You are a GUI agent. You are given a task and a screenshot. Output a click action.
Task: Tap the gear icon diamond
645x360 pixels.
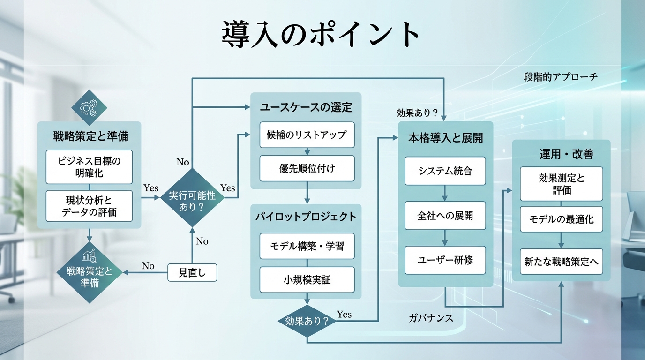point(89,107)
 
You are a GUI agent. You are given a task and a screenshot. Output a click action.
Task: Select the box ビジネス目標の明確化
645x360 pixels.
point(89,167)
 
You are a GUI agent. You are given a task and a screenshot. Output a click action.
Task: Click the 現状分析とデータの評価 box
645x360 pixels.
point(89,206)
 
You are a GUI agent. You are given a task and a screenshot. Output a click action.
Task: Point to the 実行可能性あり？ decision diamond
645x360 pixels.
point(192,197)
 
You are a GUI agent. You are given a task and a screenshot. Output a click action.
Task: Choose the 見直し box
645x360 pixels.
point(192,272)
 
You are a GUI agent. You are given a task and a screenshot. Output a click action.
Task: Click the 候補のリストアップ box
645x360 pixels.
point(307,135)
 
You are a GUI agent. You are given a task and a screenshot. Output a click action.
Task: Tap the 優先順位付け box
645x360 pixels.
point(307,168)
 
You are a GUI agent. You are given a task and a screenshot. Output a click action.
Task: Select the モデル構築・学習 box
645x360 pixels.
point(307,246)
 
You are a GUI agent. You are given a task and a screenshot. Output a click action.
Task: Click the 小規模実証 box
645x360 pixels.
point(307,280)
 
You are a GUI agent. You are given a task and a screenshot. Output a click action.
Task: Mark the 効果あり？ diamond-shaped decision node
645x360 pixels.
point(307,322)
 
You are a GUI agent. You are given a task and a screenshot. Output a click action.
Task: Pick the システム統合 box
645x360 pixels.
point(445,171)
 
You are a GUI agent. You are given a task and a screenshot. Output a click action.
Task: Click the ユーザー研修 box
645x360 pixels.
point(445,260)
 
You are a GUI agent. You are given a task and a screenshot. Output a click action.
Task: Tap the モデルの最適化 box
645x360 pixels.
point(561,219)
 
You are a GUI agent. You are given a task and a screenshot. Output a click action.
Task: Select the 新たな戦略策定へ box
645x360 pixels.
point(561,262)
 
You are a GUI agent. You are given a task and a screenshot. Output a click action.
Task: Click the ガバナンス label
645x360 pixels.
point(431,318)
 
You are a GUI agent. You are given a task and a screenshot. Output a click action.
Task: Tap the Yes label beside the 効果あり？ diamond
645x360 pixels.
point(344,315)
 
